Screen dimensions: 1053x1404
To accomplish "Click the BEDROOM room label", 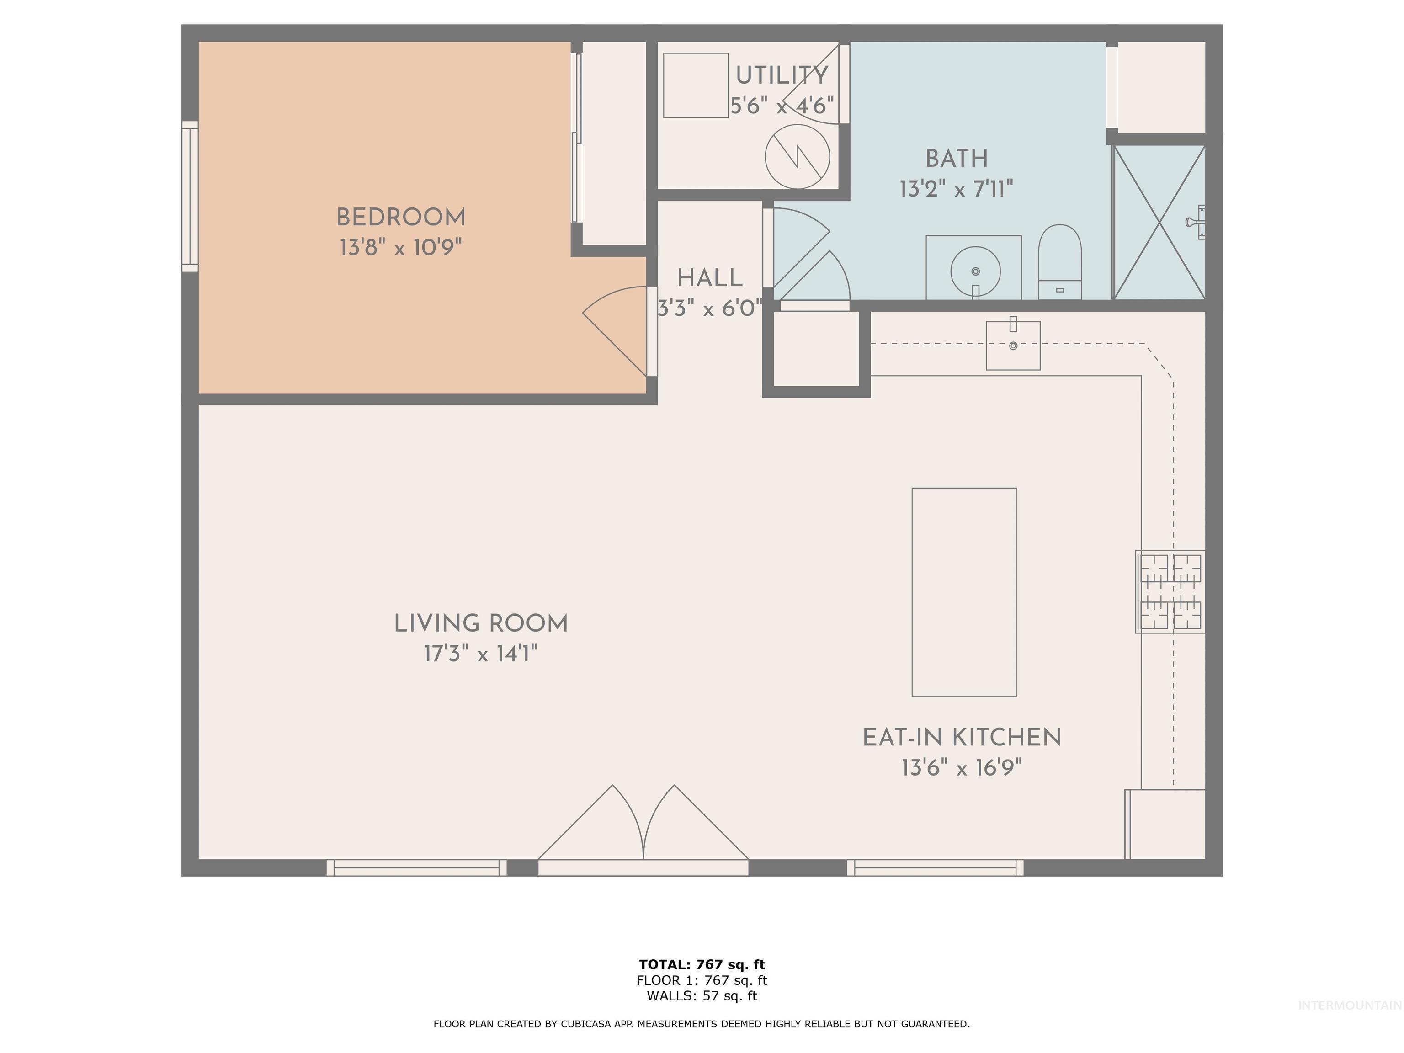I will pyautogui.click(x=400, y=218).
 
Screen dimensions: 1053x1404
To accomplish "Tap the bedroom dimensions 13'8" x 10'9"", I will pyautogui.click(x=400, y=247).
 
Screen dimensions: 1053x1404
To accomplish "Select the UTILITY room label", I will pyautogui.click(x=782, y=75).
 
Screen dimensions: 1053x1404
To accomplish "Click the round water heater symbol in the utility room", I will pyautogui.click(x=797, y=156).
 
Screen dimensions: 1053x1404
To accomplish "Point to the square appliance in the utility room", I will pyautogui.click(x=696, y=85).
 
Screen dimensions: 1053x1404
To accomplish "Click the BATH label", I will pyautogui.click(x=957, y=159).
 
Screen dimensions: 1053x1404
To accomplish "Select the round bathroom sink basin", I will pyautogui.click(x=976, y=271).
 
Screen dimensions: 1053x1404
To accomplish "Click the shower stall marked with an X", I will pyautogui.click(x=1159, y=222).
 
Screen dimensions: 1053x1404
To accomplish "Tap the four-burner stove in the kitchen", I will pyautogui.click(x=1171, y=591).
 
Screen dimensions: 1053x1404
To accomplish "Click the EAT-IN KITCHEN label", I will pyautogui.click(x=962, y=738).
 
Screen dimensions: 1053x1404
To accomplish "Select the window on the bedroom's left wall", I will pyautogui.click(x=190, y=197).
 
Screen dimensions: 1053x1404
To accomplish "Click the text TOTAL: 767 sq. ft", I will pyautogui.click(x=702, y=965).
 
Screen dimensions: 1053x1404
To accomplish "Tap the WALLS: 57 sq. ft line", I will pyautogui.click(x=702, y=996).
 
